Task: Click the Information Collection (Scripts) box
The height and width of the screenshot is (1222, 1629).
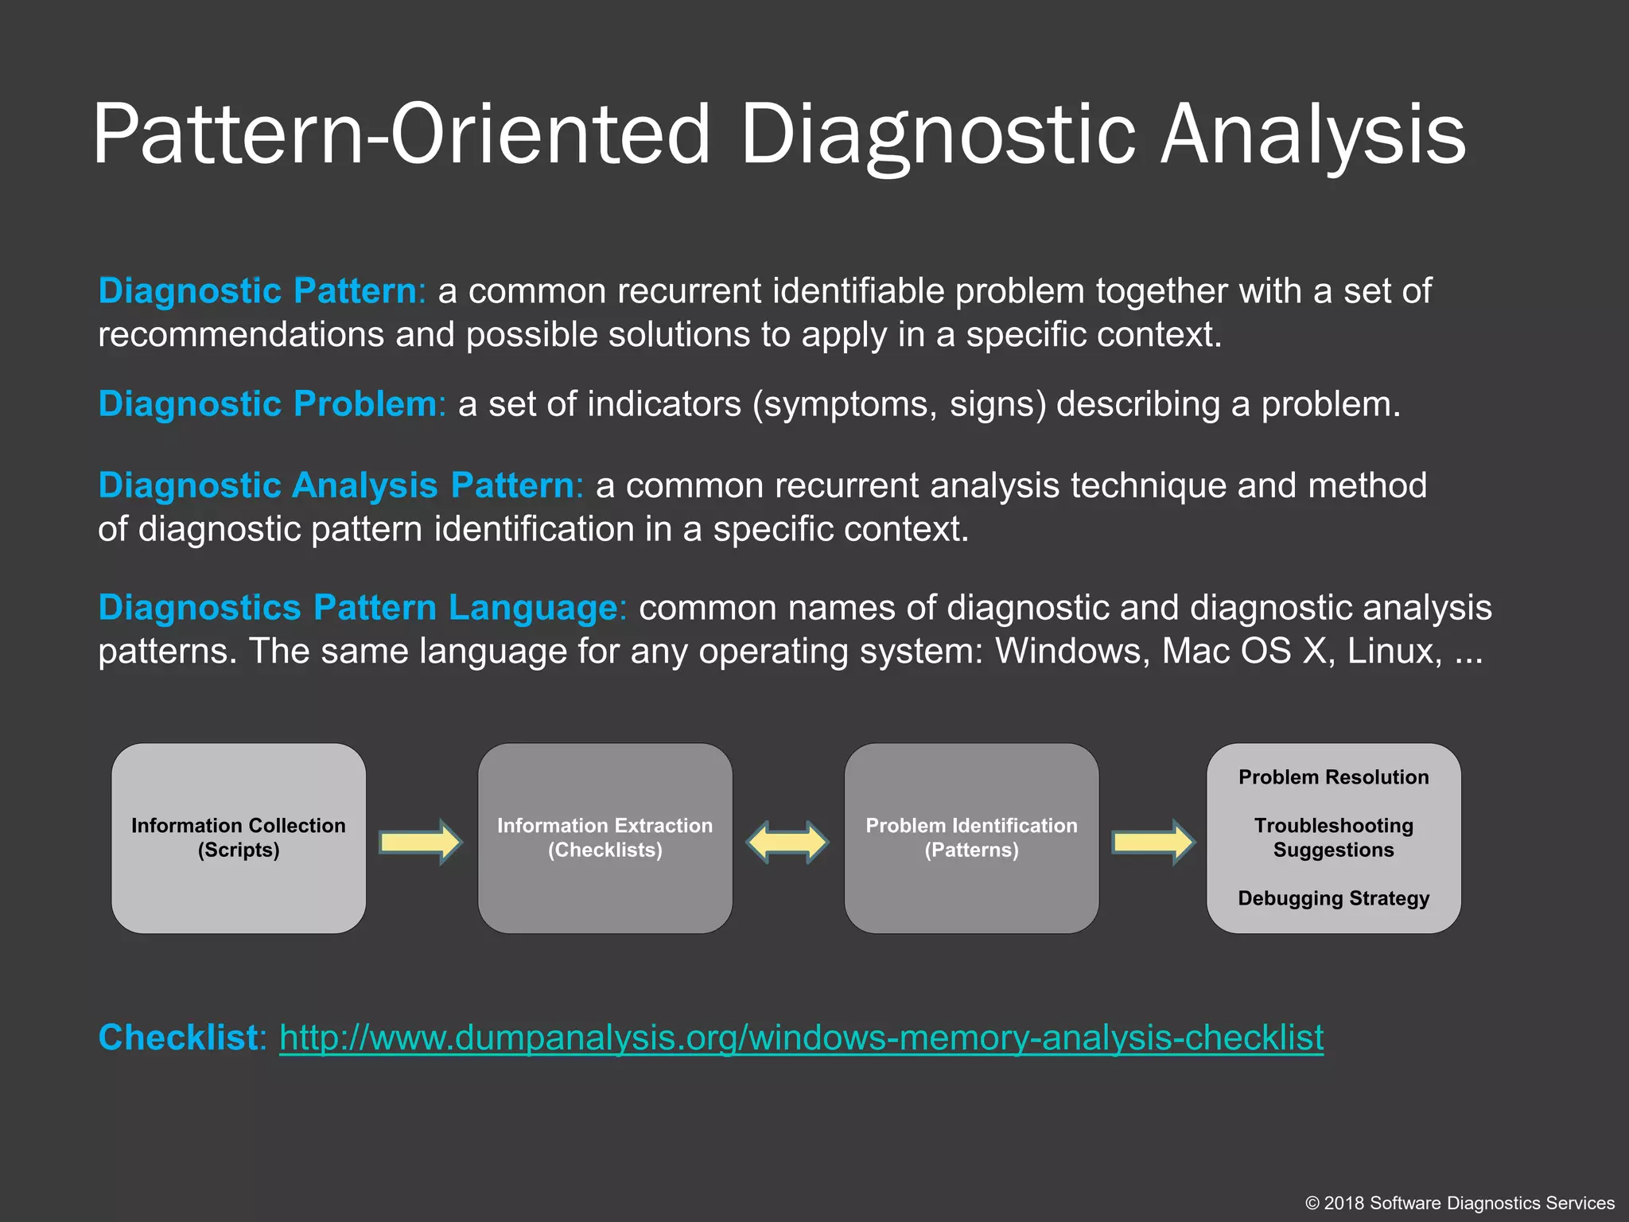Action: click(239, 838)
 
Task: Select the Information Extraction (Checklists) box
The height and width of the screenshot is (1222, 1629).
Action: click(605, 838)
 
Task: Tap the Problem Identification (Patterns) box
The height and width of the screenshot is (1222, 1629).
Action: click(971, 838)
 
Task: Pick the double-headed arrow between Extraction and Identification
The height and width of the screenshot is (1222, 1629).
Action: click(787, 842)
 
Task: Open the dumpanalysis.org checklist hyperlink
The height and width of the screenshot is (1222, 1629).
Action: click(801, 1037)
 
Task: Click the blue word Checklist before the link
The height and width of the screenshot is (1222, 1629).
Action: click(178, 1037)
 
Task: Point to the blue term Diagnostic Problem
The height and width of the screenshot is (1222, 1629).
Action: click(267, 404)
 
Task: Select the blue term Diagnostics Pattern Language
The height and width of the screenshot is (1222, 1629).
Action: click(358, 608)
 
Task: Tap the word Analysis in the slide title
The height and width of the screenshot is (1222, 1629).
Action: click(1312, 135)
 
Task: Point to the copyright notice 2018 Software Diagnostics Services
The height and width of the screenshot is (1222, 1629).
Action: click(1460, 1203)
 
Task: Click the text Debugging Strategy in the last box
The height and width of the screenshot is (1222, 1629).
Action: click(1333, 898)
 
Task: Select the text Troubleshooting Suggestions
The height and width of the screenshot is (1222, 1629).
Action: click(1333, 838)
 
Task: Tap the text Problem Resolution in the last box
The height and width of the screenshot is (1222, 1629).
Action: click(1333, 777)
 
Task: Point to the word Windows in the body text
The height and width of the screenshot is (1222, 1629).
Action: click(1071, 652)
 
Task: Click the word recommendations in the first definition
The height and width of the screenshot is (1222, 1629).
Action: click(241, 335)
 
